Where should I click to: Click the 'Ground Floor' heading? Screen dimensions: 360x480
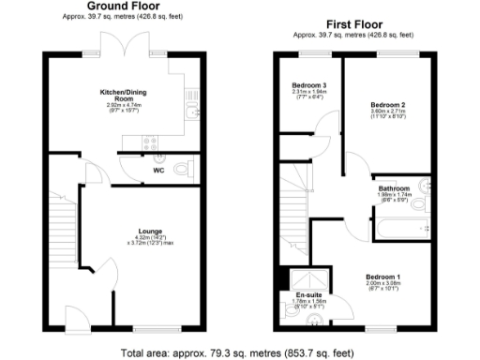click(120, 6)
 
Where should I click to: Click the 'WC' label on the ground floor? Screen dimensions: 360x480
click(159, 172)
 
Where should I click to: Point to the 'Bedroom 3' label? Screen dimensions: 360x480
click(308, 83)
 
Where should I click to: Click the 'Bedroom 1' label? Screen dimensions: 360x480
click(382, 277)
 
